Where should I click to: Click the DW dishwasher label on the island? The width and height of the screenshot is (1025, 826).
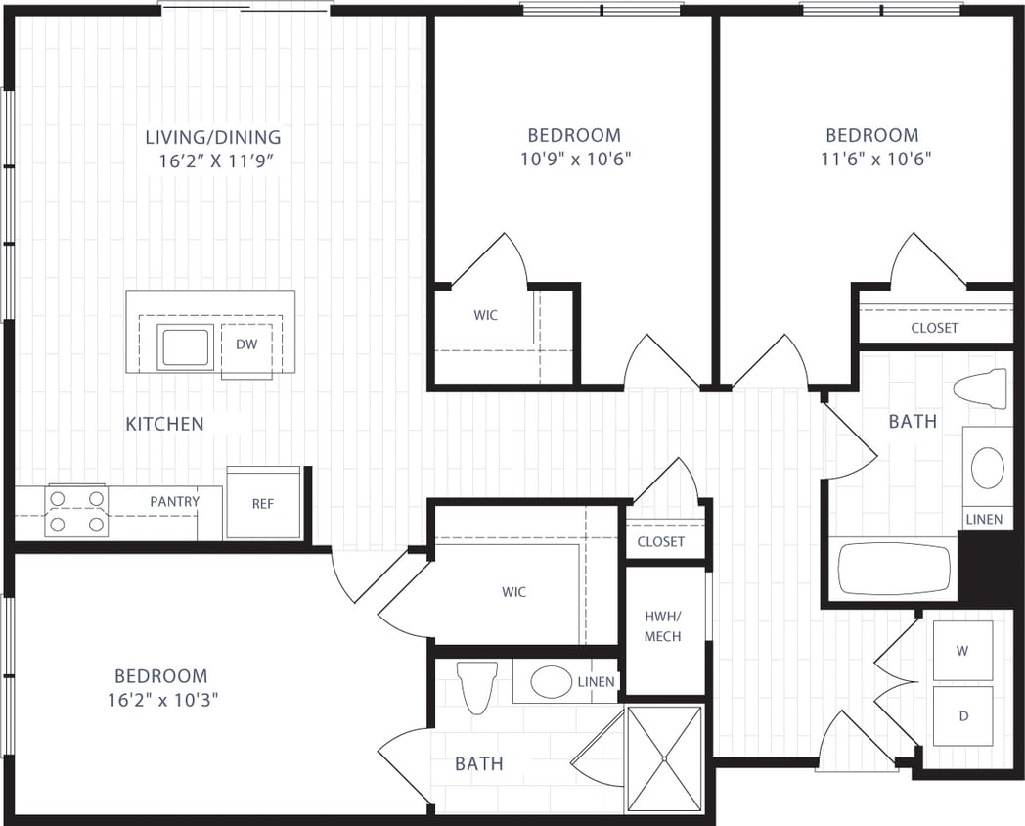(245, 344)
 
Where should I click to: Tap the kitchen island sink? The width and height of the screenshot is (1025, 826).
(185, 347)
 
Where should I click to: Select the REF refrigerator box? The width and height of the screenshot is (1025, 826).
(262, 503)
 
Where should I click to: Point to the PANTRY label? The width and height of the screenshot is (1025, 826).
(175, 501)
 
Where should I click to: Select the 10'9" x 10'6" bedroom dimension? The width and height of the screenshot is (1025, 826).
(574, 160)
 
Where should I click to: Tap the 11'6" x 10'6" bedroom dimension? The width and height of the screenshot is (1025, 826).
(872, 160)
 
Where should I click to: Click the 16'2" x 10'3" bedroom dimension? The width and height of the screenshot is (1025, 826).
(161, 700)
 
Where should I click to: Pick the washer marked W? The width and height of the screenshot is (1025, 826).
(962, 651)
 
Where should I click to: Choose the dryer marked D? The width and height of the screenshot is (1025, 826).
(962, 716)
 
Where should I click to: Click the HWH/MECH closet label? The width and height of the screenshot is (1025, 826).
(663, 626)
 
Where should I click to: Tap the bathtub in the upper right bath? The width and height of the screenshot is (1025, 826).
(894, 569)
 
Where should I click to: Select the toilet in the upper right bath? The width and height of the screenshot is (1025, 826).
(981, 389)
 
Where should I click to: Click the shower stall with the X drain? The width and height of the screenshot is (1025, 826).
(664, 757)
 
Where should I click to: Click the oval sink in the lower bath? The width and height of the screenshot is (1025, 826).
(551, 681)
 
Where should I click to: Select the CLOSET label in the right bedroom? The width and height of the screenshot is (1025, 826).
(934, 328)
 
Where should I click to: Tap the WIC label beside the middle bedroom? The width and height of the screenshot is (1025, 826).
(485, 315)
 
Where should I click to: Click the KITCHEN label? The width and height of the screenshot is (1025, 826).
(164, 424)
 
